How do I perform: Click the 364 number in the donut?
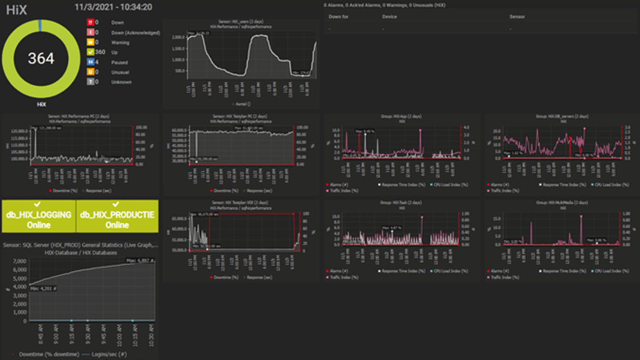pyautogui.click(x=41, y=58)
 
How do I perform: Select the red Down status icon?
pyautogui.click(x=90, y=22)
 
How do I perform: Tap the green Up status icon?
pyautogui.click(x=90, y=52)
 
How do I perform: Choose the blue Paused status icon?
pyautogui.click(x=90, y=62)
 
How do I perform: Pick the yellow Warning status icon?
pyautogui.click(x=90, y=42)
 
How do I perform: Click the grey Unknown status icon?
pyautogui.click(x=90, y=82)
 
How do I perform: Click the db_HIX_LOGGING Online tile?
pyautogui.click(x=39, y=219)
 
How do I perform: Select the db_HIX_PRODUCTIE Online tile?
pyautogui.click(x=117, y=219)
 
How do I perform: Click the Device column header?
pyautogui.click(x=389, y=17)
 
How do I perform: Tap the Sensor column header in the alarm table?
pyautogui.click(x=517, y=17)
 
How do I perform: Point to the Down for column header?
pyautogui.click(x=339, y=17)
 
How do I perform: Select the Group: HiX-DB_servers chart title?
pyautogui.click(x=563, y=116)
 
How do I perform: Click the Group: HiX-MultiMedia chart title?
pyautogui.click(x=563, y=202)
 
